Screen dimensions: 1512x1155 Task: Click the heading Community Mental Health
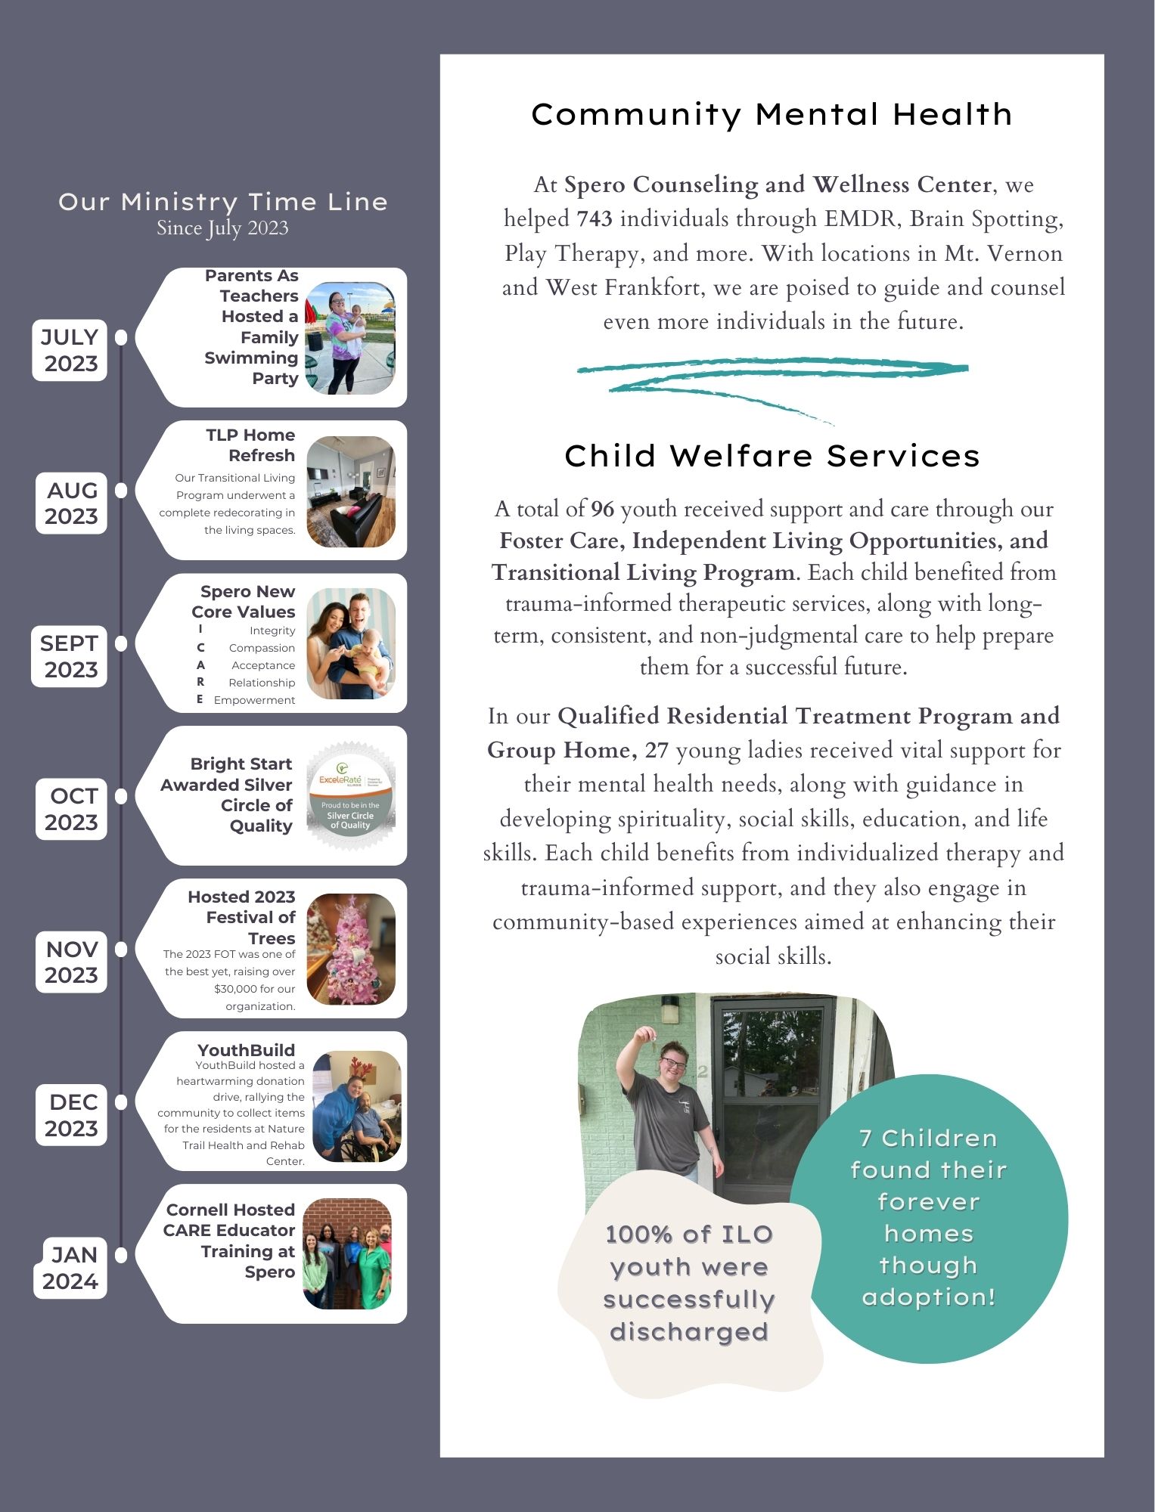coord(772,115)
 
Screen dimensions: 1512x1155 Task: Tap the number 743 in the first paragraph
coord(594,219)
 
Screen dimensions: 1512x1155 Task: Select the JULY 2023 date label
coord(70,351)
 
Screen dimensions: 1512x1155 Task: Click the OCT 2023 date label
coord(72,809)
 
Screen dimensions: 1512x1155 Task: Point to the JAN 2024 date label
coord(71,1268)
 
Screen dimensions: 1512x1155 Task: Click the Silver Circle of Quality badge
coord(350,796)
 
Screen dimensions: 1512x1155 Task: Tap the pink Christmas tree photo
coord(351,950)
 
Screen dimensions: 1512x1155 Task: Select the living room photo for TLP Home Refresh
coord(351,491)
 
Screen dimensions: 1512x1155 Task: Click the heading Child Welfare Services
coord(772,456)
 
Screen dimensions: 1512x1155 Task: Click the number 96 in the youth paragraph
coord(602,510)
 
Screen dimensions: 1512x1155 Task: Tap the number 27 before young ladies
coord(656,751)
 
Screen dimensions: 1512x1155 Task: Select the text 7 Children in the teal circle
coord(928,1139)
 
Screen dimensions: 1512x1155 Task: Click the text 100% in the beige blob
coord(639,1235)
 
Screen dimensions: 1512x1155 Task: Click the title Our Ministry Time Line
coord(222,202)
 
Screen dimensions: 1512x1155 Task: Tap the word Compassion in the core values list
coord(262,648)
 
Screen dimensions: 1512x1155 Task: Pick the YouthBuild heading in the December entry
coord(246,1050)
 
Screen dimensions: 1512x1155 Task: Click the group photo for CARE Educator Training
coord(347,1253)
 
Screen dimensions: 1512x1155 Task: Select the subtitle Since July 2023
coord(222,228)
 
